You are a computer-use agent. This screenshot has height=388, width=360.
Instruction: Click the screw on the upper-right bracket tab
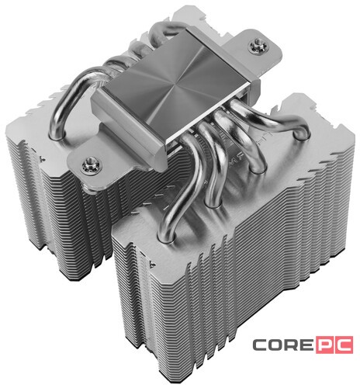[x=258, y=46]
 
